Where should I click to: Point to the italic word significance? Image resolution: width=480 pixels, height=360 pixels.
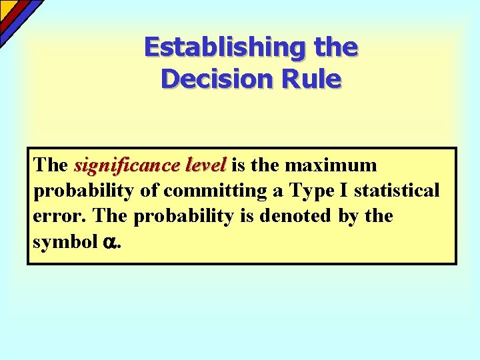point(117,165)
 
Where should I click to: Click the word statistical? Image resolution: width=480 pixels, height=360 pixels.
point(397,191)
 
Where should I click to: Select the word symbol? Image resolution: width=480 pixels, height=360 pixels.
point(65,242)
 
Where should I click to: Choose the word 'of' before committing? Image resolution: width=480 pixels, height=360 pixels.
point(149,191)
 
